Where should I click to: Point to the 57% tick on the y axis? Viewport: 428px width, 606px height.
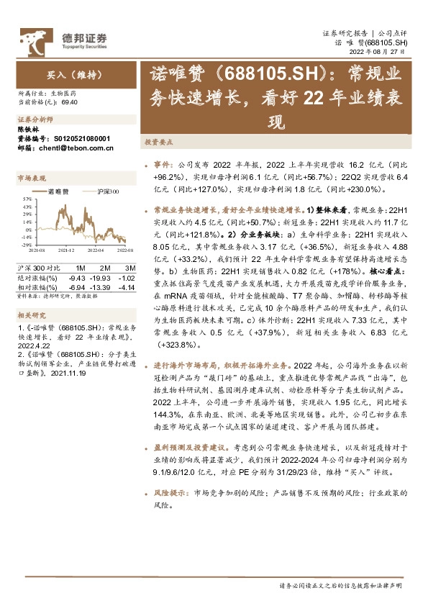tap(26, 198)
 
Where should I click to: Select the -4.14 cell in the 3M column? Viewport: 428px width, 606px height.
tap(125, 266)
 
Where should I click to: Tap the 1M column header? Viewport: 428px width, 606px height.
tap(81, 248)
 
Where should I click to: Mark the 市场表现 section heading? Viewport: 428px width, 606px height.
tap(31, 177)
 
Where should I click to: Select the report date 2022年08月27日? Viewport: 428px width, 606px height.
tap(381, 52)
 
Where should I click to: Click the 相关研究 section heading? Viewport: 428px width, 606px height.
tap(31, 295)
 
